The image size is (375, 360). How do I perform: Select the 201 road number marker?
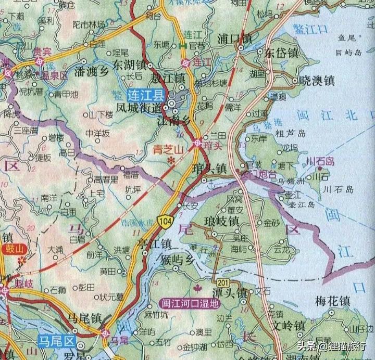(223, 281)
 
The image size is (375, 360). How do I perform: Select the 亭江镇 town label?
(154, 243)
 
